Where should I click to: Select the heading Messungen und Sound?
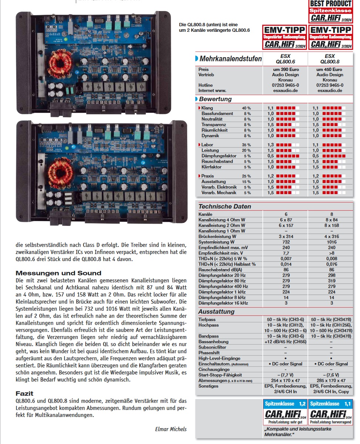pyautogui.click(x=58, y=273)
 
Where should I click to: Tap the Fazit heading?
pyautogui.click(x=25, y=393)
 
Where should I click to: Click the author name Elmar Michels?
pyautogui.click(x=171, y=429)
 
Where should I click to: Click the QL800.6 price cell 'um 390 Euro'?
pyautogui.click(x=285, y=70)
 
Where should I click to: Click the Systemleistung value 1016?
pyautogui.click(x=332, y=242)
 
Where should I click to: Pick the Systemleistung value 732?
pyautogui.click(x=285, y=242)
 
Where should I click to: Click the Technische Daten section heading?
pyautogui.click(x=225, y=207)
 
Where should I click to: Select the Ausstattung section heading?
pyautogui.click(x=216, y=312)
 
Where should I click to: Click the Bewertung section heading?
pyautogui.click(x=215, y=99)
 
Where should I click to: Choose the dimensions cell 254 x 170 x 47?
pyautogui.click(x=285, y=380)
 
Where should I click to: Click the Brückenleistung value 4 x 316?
pyautogui.click(x=332, y=236)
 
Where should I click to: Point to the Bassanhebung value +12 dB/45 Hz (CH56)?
pyautogui.click(x=285, y=342)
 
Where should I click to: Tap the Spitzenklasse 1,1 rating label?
pyautogui.click(x=330, y=404)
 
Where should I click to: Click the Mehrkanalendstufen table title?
pyautogui.click(x=231, y=59)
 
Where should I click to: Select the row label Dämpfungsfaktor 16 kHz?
pyautogui.click(x=223, y=303)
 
